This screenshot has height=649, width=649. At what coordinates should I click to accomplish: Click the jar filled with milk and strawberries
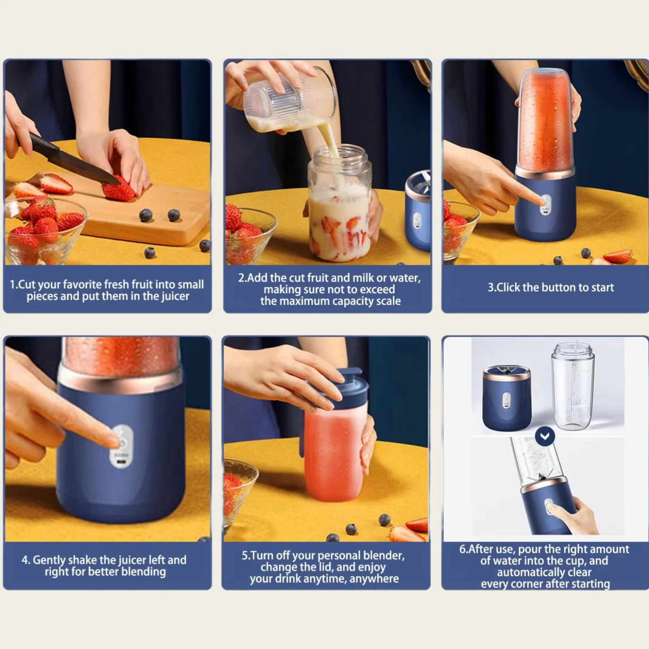click(340, 203)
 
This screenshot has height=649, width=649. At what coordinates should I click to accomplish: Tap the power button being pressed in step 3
click(546, 202)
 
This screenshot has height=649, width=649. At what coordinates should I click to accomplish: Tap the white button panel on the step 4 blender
click(120, 446)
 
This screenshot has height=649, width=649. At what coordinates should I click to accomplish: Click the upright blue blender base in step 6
click(507, 398)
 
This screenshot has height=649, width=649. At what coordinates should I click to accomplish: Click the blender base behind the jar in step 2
click(418, 211)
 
